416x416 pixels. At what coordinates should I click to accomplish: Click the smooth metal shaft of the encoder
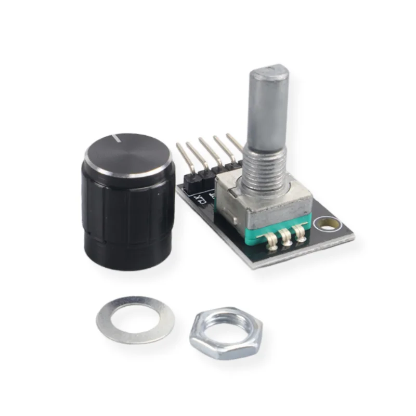[267, 114]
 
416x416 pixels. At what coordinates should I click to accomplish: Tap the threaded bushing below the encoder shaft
[265, 166]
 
